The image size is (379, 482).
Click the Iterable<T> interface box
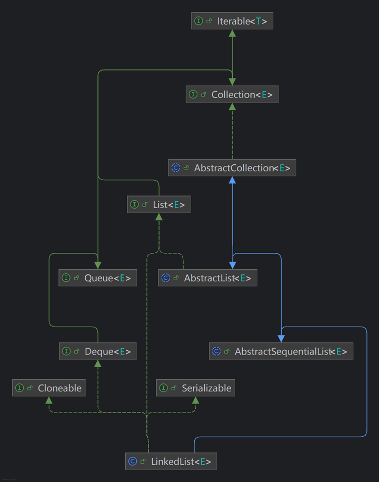pos(232,21)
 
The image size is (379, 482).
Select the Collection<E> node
pos(232,95)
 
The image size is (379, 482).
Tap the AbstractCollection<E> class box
pos(232,168)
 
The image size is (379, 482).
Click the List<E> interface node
pos(158,204)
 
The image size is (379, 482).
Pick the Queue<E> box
pos(97,278)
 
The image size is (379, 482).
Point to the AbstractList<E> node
pos(207,278)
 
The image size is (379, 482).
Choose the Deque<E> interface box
pos(97,351)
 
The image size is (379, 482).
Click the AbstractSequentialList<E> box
pos(281,351)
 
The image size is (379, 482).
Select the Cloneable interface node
pos(49,388)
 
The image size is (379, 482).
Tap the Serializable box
pos(195,388)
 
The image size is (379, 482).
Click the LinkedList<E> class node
pos(171,462)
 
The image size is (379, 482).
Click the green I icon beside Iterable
pos(199,21)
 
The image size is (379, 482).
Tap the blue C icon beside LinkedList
pos(133,462)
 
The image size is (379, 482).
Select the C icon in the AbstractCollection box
pos(176,168)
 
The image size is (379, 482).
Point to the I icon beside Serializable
pos(164,388)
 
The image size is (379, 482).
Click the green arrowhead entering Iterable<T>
pos(232,33)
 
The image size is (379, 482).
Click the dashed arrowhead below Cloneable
pos(49,400)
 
